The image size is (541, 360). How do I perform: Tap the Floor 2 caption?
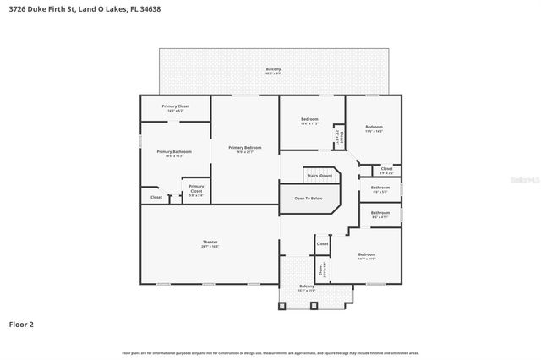click(22, 324)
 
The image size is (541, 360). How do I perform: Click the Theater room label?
click(210, 243)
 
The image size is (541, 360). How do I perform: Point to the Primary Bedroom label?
click(245, 147)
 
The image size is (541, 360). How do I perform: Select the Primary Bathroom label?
click(174, 151)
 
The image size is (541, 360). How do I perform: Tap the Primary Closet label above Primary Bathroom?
click(176, 106)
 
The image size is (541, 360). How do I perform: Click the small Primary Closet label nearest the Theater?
click(196, 188)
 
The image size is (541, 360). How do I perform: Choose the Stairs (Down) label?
click(319, 175)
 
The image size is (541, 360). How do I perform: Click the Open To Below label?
click(308, 198)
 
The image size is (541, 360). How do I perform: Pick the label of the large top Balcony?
click(273, 69)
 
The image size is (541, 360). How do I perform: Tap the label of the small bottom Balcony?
click(307, 286)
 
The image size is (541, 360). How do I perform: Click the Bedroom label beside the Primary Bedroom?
click(309, 119)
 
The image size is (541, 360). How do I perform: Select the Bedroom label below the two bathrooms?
click(366, 254)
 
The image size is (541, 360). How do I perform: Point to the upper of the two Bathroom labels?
click(380, 188)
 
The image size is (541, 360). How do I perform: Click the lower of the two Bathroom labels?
click(380, 213)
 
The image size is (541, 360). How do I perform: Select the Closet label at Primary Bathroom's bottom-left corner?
click(156, 197)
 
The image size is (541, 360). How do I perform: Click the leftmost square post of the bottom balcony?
click(281, 307)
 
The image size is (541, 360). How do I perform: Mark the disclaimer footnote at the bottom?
click(270, 352)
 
